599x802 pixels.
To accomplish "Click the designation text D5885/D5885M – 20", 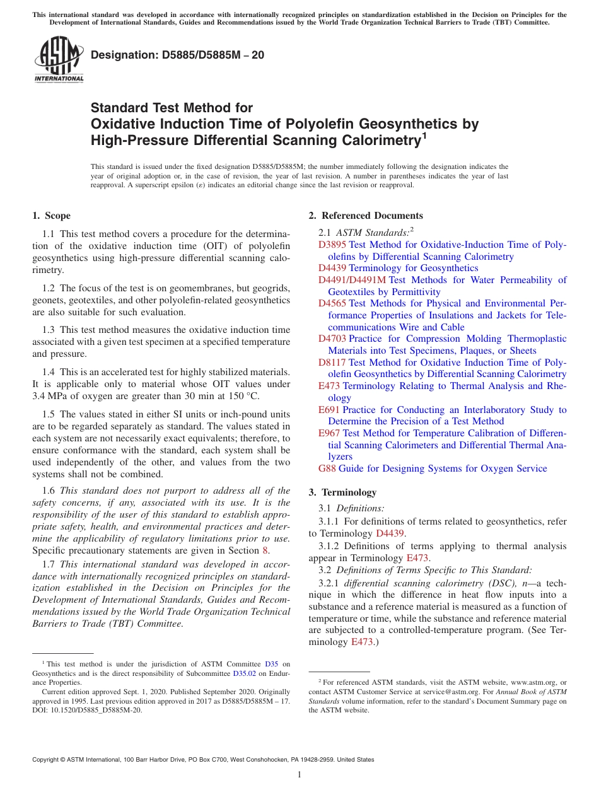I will pyautogui.click(x=178, y=55).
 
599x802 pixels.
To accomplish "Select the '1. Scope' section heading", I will pyautogui.click(x=51, y=216).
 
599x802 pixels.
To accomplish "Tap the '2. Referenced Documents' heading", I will pyautogui.click(x=366, y=216).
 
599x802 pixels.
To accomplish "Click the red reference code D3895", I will pyautogui.click(x=332, y=245).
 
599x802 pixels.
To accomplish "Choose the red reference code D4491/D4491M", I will pyautogui.click(x=352, y=280).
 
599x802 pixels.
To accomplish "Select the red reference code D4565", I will pyautogui.click(x=332, y=303).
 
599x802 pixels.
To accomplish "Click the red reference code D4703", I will pyautogui.click(x=332, y=339).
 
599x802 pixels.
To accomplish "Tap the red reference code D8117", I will pyautogui.click(x=332, y=363).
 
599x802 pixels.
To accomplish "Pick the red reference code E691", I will pyautogui.click(x=329, y=410).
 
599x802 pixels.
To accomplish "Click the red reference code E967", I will pyautogui.click(x=329, y=433).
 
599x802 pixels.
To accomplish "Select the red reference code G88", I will pyautogui.click(x=327, y=468).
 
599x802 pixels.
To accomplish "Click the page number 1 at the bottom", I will pyautogui.click(x=299, y=775).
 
